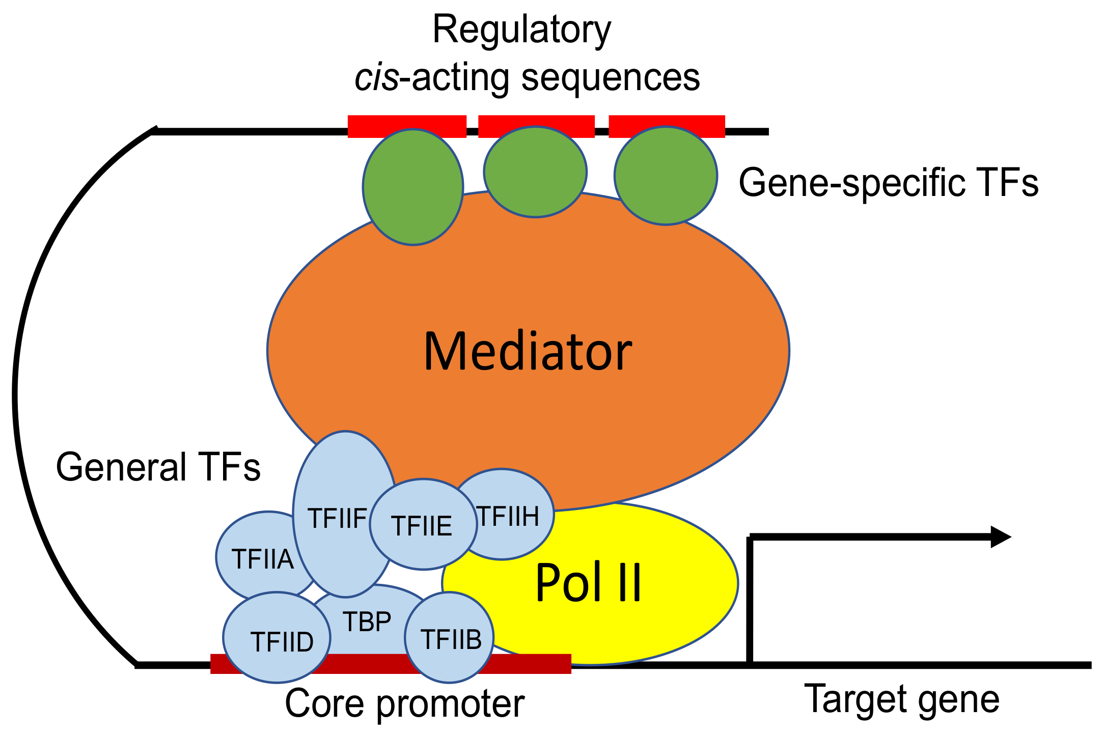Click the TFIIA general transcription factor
coord(255,557)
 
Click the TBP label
coord(367,621)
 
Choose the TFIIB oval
coord(450,638)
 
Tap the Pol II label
coord(588,583)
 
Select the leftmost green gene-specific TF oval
coord(413,187)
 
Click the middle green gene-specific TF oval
coord(535,172)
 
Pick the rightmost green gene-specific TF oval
coord(666,176)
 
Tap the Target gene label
coord(901,699)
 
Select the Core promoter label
coord(404,703)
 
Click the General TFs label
coord(158,467)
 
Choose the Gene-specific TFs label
coord(888,183)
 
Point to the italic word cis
coord(376,78)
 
